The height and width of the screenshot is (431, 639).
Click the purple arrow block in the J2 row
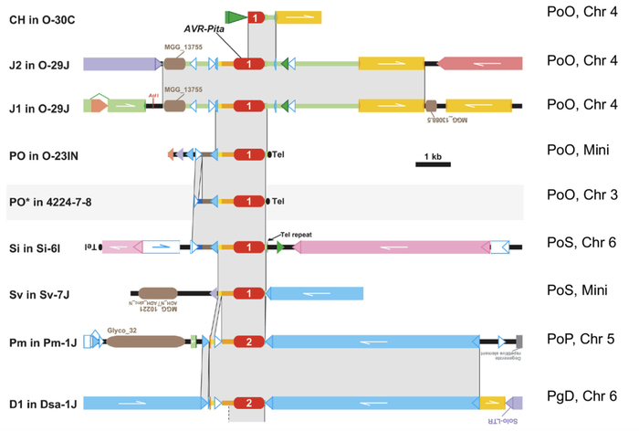pyautogui.click(x=121, y=63)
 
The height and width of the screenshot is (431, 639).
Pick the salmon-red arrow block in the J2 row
pyautogui.click(x=481, y=63)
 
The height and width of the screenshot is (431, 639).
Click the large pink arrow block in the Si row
pyautogui.click(x=392, y=247)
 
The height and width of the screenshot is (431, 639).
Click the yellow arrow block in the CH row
pyautogui.click(x=298, y=18)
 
